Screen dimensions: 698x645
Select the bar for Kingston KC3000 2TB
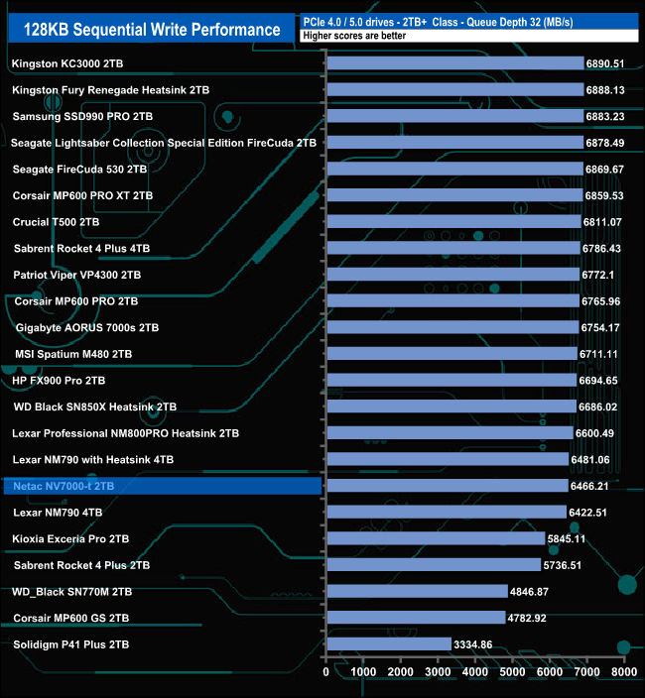click(x=454, y=63)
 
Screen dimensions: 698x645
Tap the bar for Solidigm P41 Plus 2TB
click(x=388, y=644)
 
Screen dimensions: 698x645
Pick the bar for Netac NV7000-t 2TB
click(x=447, y=486)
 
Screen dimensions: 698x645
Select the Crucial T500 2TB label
click(x=57, y=222)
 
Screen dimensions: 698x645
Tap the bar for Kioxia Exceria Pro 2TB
click(x=435, y=538)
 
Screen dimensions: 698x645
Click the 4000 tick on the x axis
click(x=474, y=672)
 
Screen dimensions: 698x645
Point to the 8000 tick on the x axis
click(x=622, y=672)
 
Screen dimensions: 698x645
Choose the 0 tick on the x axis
click(x=326, y=672)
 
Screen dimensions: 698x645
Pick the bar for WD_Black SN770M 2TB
click(x=416, y=592)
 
